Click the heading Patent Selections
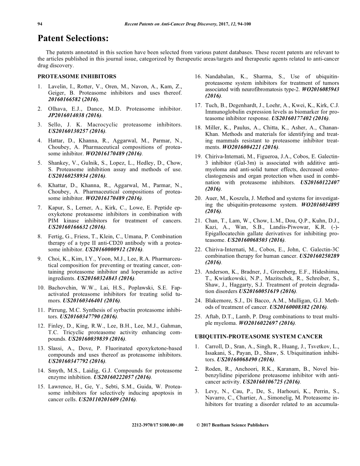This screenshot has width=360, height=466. tap(73, 38)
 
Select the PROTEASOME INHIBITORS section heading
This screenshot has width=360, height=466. tap(77, 76)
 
